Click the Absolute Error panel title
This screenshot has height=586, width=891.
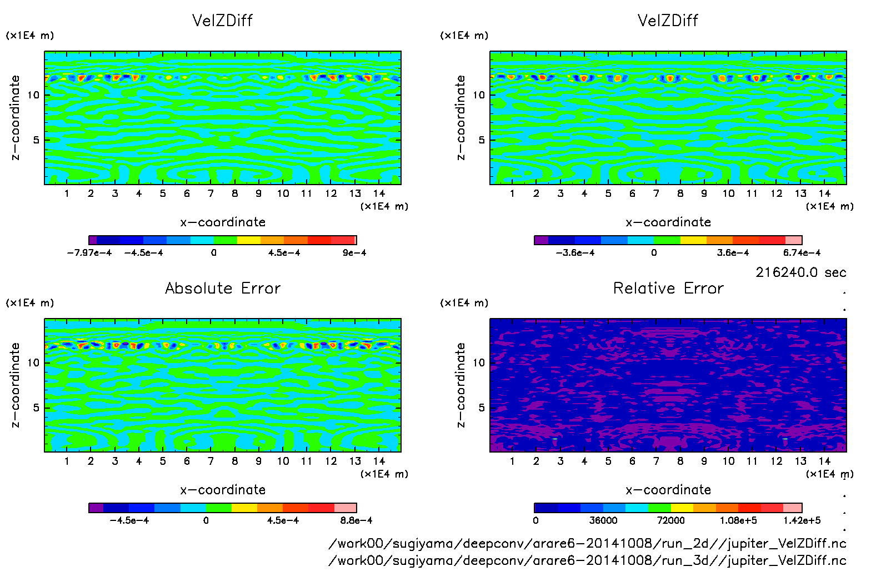223,288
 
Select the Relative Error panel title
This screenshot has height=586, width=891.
668,288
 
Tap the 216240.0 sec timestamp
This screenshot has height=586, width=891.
800,272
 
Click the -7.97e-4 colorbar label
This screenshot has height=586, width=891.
89,253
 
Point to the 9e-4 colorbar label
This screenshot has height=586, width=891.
354,253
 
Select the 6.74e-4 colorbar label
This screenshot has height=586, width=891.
802,253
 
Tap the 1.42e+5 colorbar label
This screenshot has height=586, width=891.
802,521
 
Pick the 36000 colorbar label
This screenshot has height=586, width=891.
603,521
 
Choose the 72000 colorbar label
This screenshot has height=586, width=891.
670,521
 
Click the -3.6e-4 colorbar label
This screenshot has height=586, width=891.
575,253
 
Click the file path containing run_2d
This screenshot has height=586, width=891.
587,544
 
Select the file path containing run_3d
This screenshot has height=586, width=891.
587,560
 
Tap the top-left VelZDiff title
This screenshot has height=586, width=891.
222,21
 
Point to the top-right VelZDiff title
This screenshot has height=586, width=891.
668,21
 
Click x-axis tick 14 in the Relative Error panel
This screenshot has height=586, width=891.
824,461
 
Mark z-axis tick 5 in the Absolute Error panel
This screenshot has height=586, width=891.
37,408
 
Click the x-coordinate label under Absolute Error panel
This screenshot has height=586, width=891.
223,490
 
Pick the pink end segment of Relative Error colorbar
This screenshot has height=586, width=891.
793,508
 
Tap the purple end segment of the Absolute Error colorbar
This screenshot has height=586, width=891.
96,508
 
